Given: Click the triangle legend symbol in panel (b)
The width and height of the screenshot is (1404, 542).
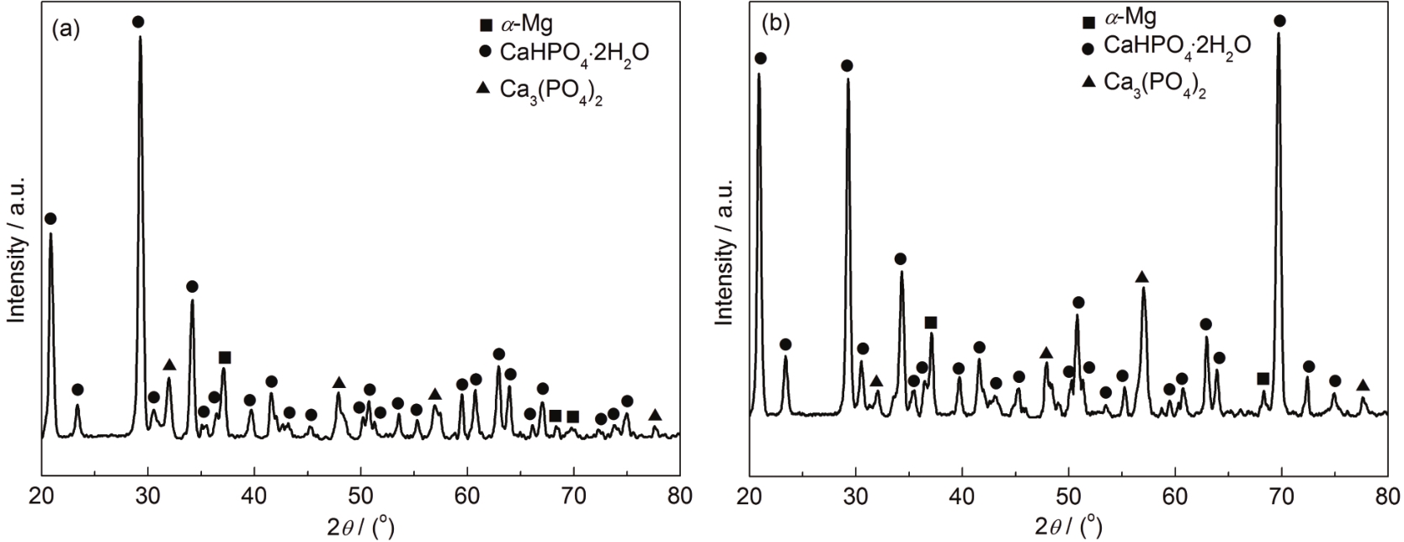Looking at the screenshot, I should pos(1088,82).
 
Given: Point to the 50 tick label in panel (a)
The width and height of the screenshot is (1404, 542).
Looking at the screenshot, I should pos(361,496).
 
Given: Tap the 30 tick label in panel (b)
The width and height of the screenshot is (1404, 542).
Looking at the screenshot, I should pos(855,495).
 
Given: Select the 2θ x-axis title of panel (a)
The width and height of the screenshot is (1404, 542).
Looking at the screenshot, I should pos(361,526).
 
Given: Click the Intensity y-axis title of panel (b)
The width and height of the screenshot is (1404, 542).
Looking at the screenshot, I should pos(725,251).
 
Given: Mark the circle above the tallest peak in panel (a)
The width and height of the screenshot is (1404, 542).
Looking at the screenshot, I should pos(138,21).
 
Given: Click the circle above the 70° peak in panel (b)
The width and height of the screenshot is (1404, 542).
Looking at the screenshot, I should pos(1280,20).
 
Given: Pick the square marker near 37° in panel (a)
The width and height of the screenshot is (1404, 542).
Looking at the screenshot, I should pos(225,358).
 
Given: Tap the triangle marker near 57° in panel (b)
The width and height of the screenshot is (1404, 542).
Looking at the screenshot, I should pos(1142,277).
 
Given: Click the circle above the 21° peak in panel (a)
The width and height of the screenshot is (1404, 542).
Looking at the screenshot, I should pos(51,219).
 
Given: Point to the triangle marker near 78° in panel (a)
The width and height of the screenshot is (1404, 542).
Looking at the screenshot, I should pos(655,415).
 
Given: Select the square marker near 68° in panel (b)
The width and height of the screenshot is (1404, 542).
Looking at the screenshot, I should pos(1263,379).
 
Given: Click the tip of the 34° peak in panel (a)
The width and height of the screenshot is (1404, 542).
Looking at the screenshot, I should pos(192,301).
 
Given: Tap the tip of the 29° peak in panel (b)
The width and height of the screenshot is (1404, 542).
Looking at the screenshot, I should pos(848,79).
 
